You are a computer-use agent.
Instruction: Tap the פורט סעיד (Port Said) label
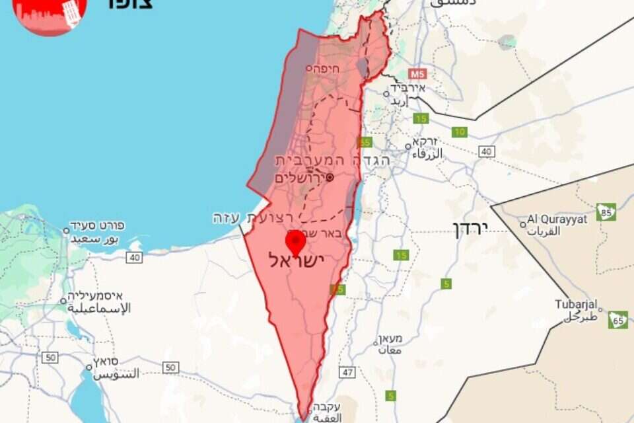102,226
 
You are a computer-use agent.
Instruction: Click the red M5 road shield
417,73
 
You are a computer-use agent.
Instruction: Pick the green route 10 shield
460,132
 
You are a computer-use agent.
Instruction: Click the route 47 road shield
348,372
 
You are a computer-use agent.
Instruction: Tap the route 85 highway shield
606,211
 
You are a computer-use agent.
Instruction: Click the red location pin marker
295,241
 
